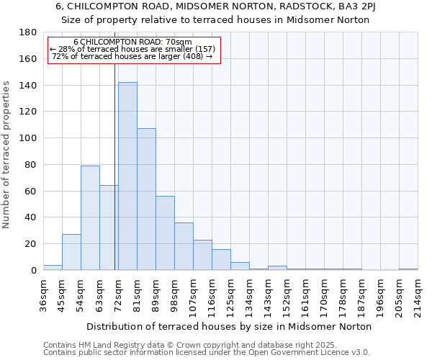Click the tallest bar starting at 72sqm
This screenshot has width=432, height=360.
pyautogui.click(x=127, y=176)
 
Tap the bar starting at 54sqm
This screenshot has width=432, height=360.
pyautogui.click(x=90, y=217)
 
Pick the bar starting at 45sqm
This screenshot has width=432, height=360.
pyautogui.click(x=71, y=252)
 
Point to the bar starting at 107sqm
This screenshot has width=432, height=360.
pyautogui.click(x=202, y=255)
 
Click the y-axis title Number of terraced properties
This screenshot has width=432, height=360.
pyautogui.click(x=6, y=155)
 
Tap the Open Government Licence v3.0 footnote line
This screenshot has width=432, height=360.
pyautogui.click(x=207, y=353)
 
